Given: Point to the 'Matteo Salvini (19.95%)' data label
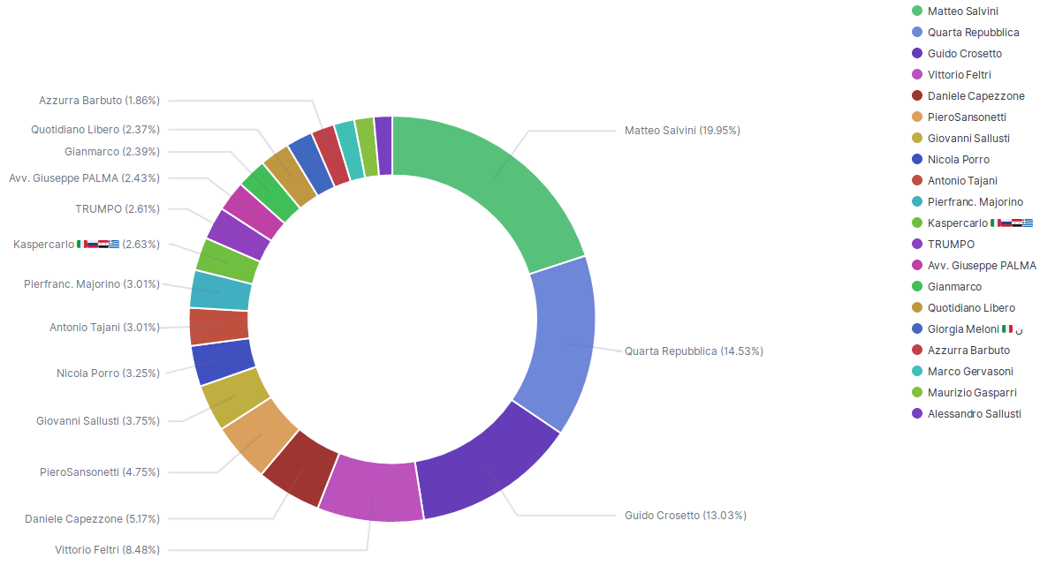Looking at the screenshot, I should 682,131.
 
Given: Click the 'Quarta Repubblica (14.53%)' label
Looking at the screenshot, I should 694,351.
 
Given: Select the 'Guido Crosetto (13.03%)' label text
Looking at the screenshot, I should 685,516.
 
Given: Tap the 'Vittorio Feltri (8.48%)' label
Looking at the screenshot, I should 107,550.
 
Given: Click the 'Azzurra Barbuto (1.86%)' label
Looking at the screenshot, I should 99,101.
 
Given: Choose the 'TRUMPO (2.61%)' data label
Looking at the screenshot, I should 118,209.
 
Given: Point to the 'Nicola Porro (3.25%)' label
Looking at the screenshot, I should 108,373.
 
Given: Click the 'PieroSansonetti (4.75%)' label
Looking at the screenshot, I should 100,472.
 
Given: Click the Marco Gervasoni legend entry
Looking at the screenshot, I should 970,372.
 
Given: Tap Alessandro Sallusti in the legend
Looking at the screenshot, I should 974,414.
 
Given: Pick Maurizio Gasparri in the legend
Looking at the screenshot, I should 971,393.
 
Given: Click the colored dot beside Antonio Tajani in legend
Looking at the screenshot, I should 917,181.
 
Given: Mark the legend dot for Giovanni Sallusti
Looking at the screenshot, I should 917,139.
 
